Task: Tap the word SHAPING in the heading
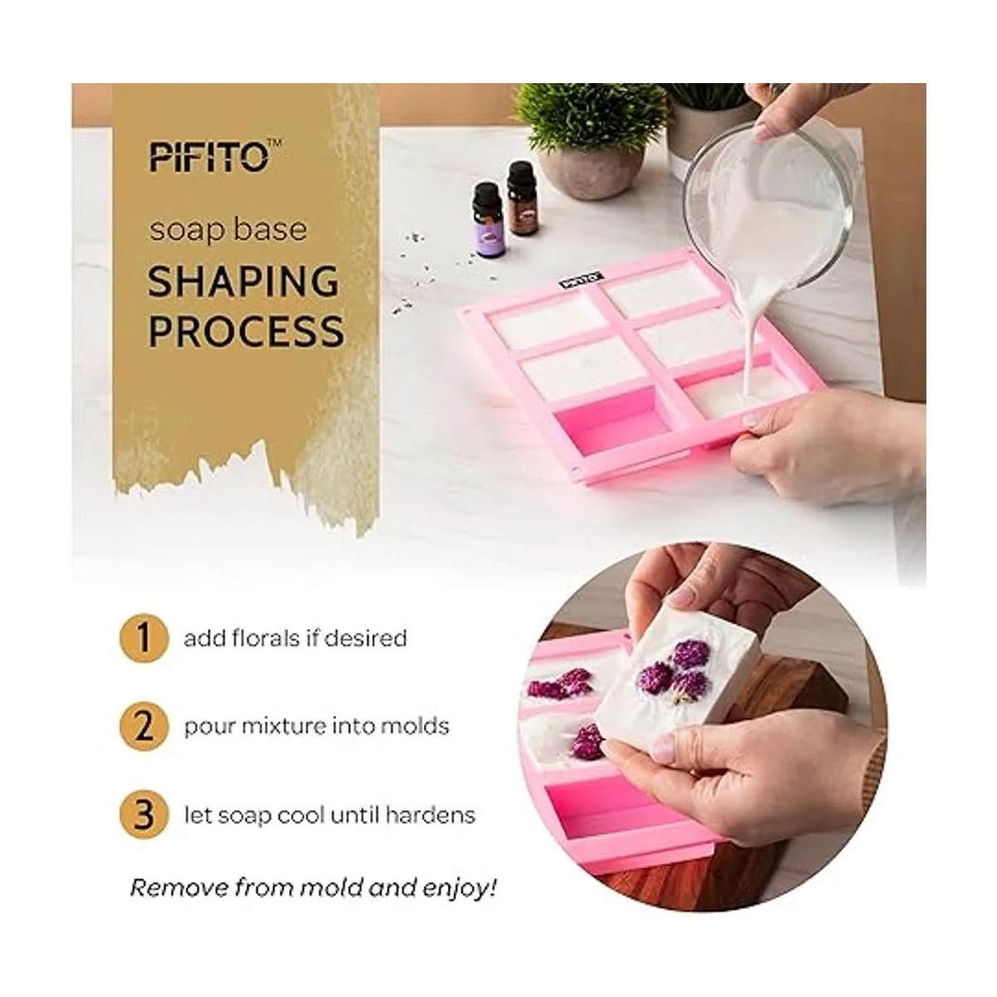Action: click(x=243, y=282)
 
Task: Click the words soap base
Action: click(x=228, y=229)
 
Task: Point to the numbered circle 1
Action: click(x=144, y=638)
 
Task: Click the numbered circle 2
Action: click(x=144, y=726)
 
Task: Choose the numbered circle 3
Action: click(x=144, y=815)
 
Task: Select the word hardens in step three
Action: click(x=430, y=815)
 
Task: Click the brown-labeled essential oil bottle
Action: click(x=522, y=199)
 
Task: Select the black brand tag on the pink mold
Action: click(x=581, y=281)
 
